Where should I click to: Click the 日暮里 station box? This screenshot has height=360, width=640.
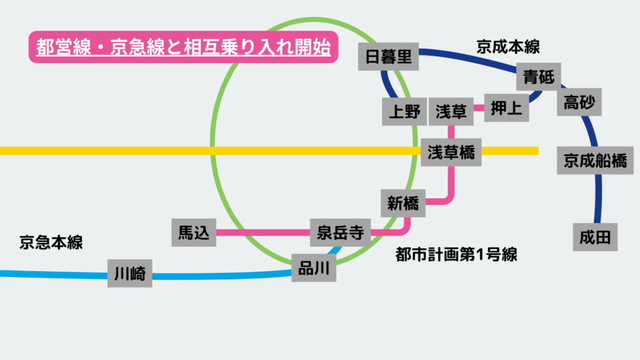click(388, 57)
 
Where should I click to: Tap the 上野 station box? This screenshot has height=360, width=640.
click(404, 112)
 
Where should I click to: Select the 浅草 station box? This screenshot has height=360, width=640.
click(451, 112)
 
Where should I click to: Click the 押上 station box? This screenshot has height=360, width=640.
click(506, 108)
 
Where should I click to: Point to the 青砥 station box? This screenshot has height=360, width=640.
click(539, 77)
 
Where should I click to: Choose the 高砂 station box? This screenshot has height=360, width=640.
click(579, 101)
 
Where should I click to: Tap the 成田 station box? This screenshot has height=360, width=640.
click(595, 237)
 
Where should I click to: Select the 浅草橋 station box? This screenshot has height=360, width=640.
click(451, 152)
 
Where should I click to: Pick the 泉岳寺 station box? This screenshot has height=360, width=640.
click(340, 233)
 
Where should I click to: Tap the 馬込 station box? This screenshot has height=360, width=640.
click(193, 233)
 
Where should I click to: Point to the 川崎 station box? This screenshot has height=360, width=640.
click(130, 273)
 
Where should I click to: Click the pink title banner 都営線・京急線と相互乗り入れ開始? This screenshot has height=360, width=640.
click(183, 47)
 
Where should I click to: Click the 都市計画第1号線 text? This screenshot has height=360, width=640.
click(457, 254)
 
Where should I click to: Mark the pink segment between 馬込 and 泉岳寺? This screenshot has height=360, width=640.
click(262, 233)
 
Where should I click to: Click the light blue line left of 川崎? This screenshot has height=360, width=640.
click(53, 274)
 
